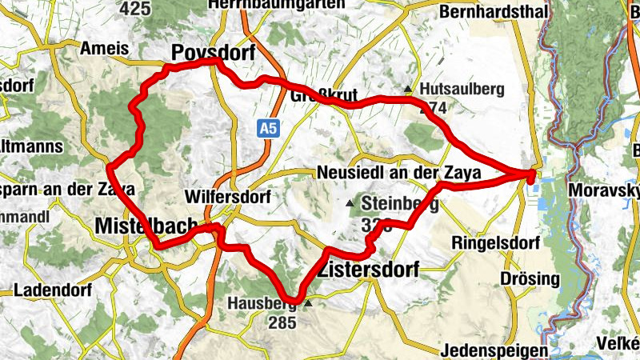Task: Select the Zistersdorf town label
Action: coord(368,270)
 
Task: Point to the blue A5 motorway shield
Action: coord(268,128)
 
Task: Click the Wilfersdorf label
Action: coord(227,196)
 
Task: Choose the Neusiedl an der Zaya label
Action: coord(398,173)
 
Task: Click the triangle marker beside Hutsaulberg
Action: coord(408,89)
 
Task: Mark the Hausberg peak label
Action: coord(262,304)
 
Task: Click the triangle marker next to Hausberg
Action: coord(306,304)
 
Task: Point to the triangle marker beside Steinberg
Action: coord(350,204)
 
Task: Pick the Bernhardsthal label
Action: coord(493,12)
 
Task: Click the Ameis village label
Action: coord(104,49)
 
